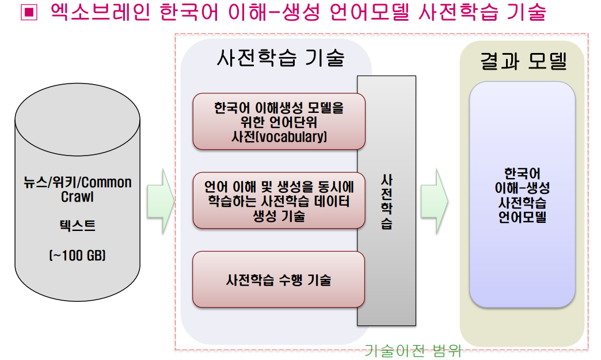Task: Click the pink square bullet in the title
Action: coord(29,12)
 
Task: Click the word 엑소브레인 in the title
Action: coord(100,12)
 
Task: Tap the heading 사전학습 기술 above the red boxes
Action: coord(281,58)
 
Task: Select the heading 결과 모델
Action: coord(523,61)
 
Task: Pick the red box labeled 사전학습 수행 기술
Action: coord(279,279)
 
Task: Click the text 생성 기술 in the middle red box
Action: coord(279,216)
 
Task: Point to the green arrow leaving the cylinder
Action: coord(161,201)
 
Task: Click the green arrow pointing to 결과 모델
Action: coord(434,201)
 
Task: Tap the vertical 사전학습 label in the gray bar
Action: coord(386,202)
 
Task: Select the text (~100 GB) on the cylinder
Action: coord(77,255)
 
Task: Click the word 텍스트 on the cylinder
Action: coord(77,225)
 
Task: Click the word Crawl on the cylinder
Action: coord(77,196)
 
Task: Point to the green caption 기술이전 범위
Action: coord(412,350)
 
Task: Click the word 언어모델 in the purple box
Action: coord(523,217)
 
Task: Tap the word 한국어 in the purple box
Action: coord(523,174)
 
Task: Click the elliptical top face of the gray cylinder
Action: coord(77,120)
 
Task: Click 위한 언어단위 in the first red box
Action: coord(279,122)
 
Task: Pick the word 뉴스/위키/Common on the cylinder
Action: coord(77,182)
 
